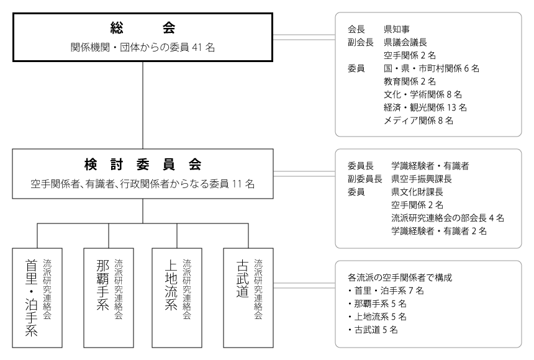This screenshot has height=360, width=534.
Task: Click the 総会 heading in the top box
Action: click(x=143, y=28)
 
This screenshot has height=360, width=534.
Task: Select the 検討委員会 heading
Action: click(x=143, y=164)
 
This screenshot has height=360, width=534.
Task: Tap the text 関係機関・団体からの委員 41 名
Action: click(x=143, y=47)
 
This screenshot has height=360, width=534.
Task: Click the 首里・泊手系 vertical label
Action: click(x=31, y=298)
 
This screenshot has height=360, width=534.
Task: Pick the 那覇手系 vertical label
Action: click(x=102, y=285)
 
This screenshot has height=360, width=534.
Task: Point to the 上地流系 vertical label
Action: click(x=171, y=285)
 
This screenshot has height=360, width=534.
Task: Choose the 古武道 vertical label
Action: click(x=243, y=279)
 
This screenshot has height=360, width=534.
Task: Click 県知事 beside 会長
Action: click(x=397, y=29)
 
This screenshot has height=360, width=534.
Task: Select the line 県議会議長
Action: click(x=405, y=42)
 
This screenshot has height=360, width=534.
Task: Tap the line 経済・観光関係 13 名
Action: click(x=425, y=107)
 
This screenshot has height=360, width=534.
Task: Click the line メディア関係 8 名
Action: click(x=419, y=120)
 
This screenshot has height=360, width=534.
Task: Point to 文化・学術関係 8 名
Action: click(x=423, y=94)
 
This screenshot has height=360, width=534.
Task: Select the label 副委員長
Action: click(x=364, y=179)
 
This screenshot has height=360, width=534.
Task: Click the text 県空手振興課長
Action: click(x=422, y=179)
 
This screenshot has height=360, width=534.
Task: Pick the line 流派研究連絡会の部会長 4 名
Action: click(x=448, y=218)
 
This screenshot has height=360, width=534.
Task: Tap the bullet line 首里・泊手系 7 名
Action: click(x=386, y=291)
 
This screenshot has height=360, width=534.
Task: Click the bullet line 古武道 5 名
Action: click(x=373, y=330)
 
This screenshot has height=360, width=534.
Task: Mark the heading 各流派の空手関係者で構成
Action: click(x=400, y=278)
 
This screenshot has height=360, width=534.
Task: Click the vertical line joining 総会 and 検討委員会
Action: click(x=143, y=106)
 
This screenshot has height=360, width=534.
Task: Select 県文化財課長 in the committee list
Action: click(x=417, y=192)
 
